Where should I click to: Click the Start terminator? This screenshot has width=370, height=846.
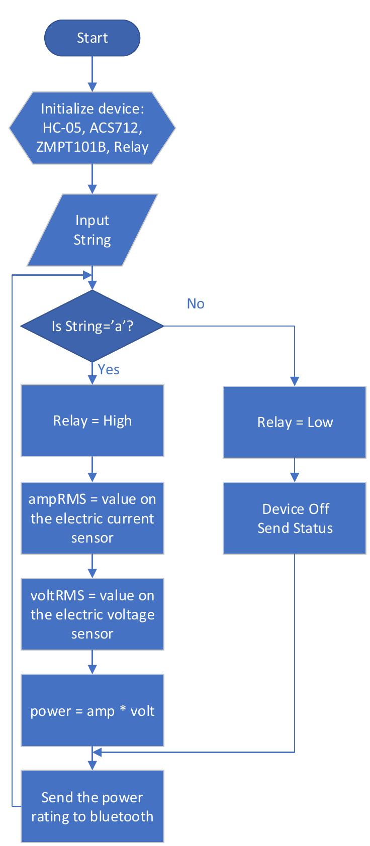[x=92, y=38]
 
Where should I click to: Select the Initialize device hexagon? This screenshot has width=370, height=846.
[x=92, y=128]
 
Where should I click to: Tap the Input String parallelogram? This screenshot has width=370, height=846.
[x=92, y=230]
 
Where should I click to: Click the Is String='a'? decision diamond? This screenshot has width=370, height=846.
[x=92, y=327]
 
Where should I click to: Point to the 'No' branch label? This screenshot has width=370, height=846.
[x=196, y=304]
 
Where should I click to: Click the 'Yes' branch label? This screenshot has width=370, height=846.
[x=109, y=370]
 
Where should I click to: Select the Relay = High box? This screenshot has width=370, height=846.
[x=92, y=420]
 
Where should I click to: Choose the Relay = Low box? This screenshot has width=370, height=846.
[x=295, y=422]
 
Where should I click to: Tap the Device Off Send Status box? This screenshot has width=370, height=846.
[x=295, y=518]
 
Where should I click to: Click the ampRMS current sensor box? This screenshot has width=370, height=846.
[x=92, y=518]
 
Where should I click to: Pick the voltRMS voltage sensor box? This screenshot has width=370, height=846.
[x=92, y=614]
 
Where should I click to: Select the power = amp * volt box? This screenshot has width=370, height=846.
[x=92, y=710]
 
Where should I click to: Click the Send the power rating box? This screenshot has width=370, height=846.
[x=92, y=806]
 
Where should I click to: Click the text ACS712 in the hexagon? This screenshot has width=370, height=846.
[x=116, y=128]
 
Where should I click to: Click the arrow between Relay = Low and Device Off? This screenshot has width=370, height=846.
[x=295, y=470]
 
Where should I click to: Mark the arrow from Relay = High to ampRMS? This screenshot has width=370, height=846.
[x=92, y=469]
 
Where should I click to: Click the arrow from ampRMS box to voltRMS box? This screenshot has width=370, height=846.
[x=92, y=566]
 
